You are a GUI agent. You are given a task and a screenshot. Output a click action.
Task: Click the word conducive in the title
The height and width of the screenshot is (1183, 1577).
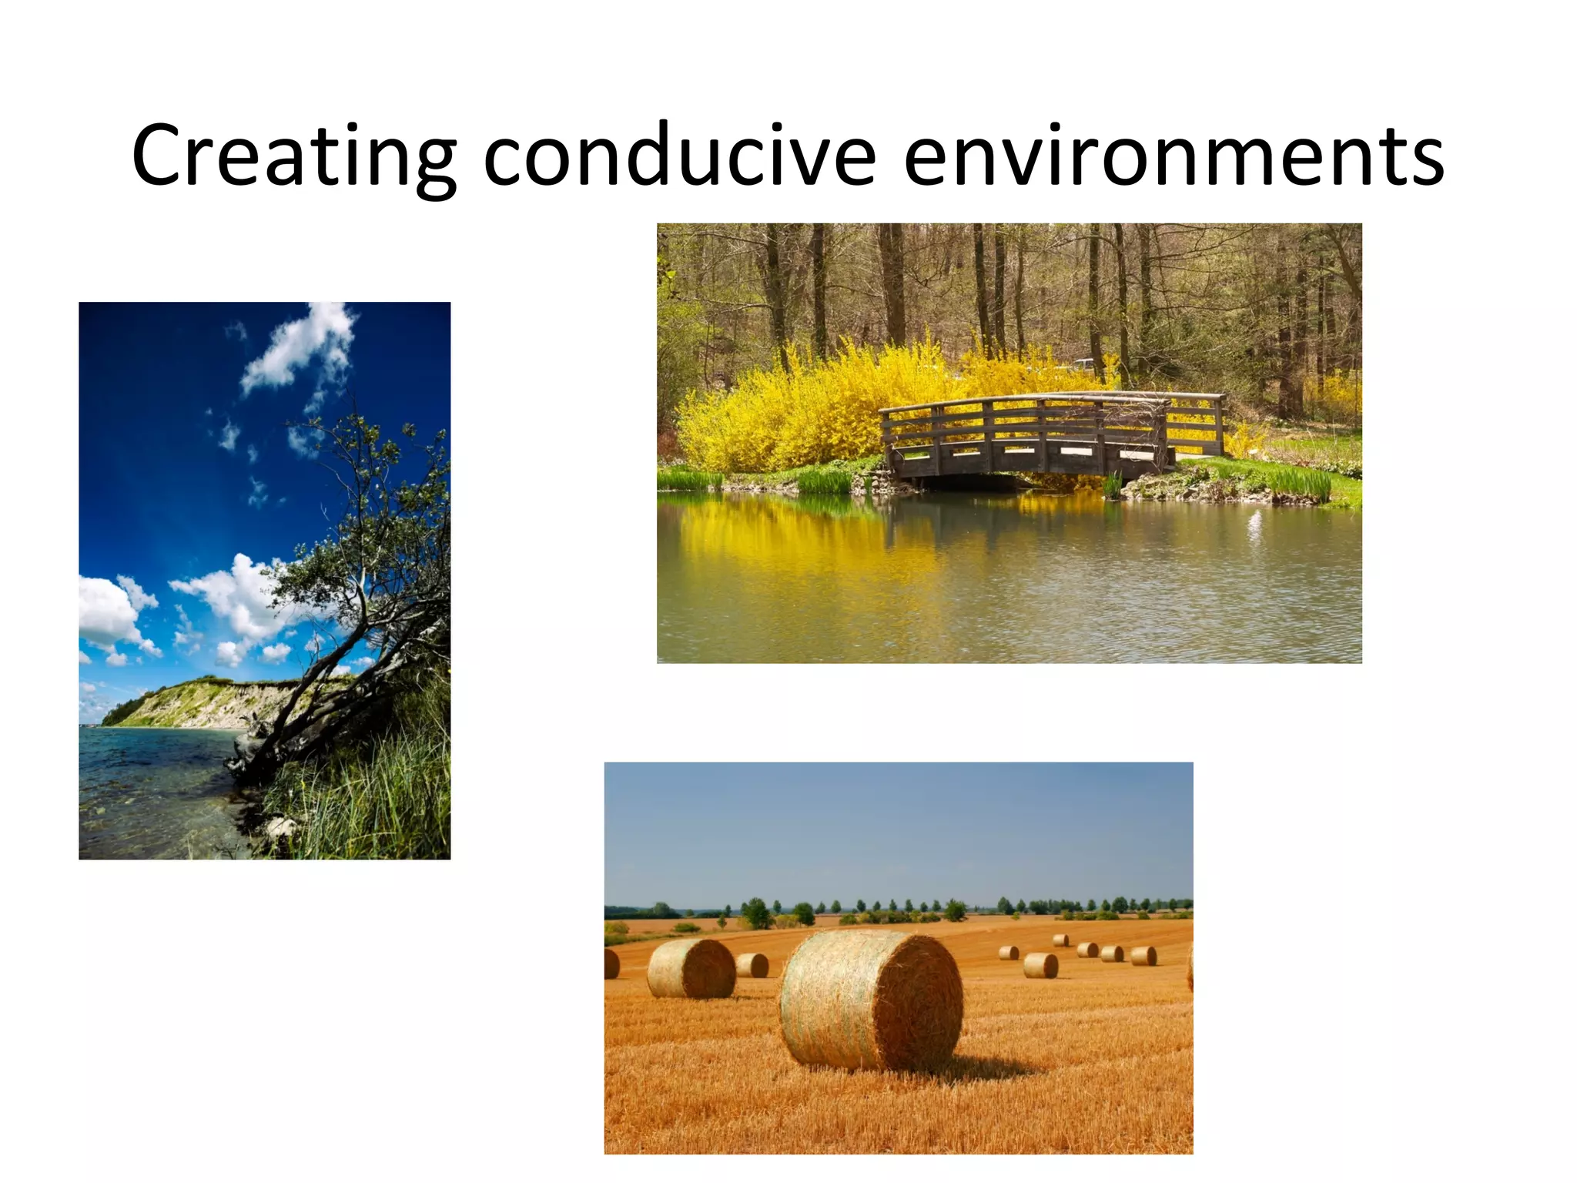pyautogui.click(x=679, y=156)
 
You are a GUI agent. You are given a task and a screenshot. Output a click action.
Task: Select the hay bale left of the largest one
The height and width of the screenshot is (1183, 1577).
pyautogui.click(x=691, y=968)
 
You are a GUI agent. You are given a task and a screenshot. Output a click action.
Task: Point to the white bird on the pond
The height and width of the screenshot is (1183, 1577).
pyautogui.click(x=1254, y=524)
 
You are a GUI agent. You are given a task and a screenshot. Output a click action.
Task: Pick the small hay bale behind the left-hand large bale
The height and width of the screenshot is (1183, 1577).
pyautogui.click(x=752, y=965)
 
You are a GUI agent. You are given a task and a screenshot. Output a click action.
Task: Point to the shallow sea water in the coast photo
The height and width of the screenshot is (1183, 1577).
pyautogui.click(x=146, y=786)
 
